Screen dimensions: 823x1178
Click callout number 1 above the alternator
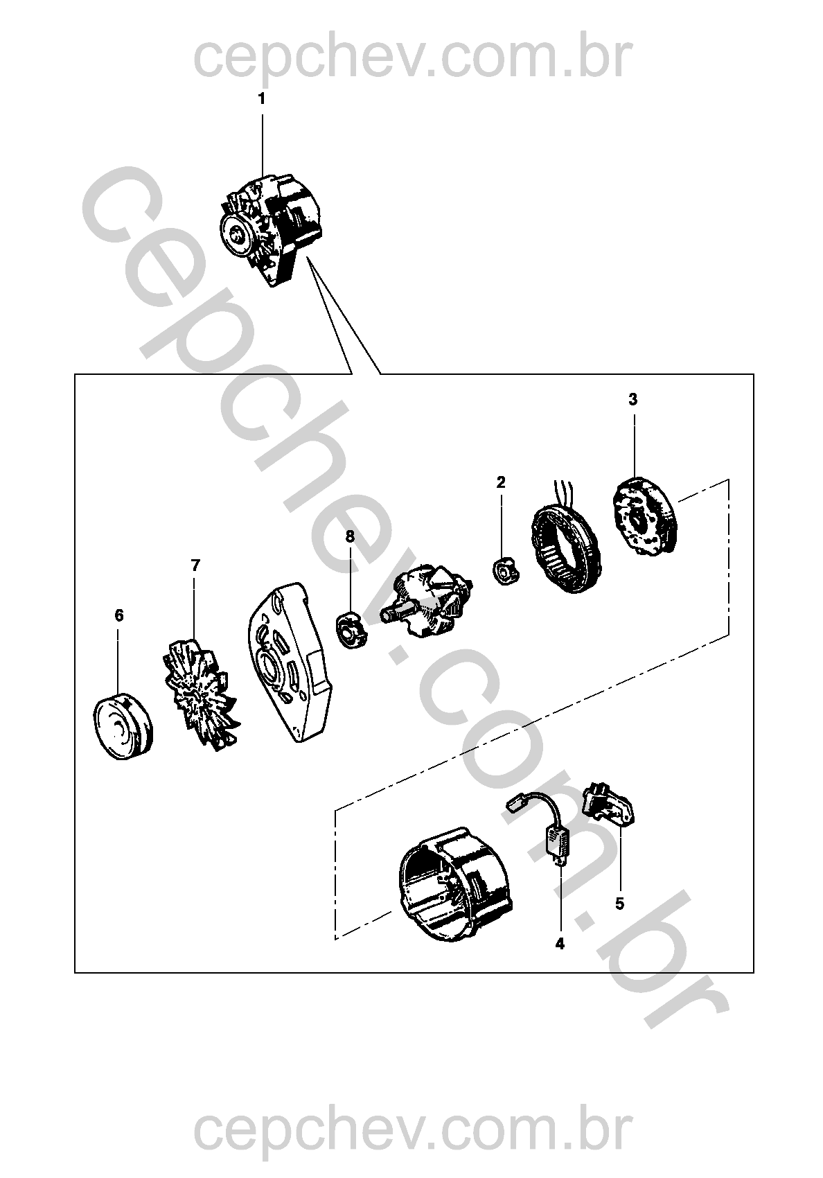[x=262, y=99]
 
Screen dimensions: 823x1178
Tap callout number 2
[x=501, y=482]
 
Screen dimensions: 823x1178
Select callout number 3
[x=633, y=400]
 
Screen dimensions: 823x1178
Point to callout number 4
[x=560, y=944]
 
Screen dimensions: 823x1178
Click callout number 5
[x=619, y=904]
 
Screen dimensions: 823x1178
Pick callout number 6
[x=119, y=615]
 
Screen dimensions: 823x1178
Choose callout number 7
[x=195, y=565]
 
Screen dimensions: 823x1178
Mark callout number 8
[x=351, y=536]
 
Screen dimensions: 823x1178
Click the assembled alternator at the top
[x=270, y=229]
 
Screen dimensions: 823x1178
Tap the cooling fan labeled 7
[x=199, y=694]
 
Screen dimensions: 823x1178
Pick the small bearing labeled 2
[x=506, y=570]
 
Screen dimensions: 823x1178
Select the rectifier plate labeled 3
[x=646, y=516]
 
